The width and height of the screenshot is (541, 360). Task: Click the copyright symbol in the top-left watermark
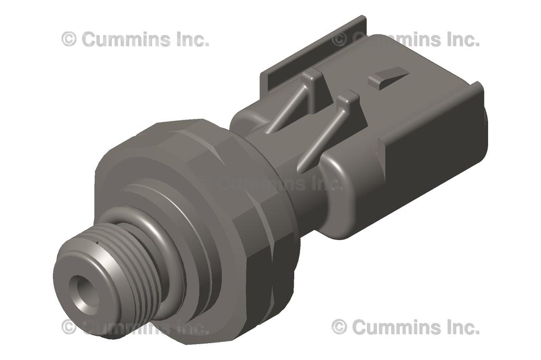tap(69, 39)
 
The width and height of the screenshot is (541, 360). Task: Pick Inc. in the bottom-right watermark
tap(462, 327)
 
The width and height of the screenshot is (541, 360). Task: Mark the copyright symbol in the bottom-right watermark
tap(339, 327)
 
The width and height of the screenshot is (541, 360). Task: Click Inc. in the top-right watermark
tap(462, 39)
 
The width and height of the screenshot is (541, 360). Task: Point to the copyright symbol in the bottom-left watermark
tap(69, 327)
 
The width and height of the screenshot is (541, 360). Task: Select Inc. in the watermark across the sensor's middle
tap(325, 183)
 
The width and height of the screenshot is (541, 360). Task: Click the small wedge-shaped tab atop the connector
tap(388, 77)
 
